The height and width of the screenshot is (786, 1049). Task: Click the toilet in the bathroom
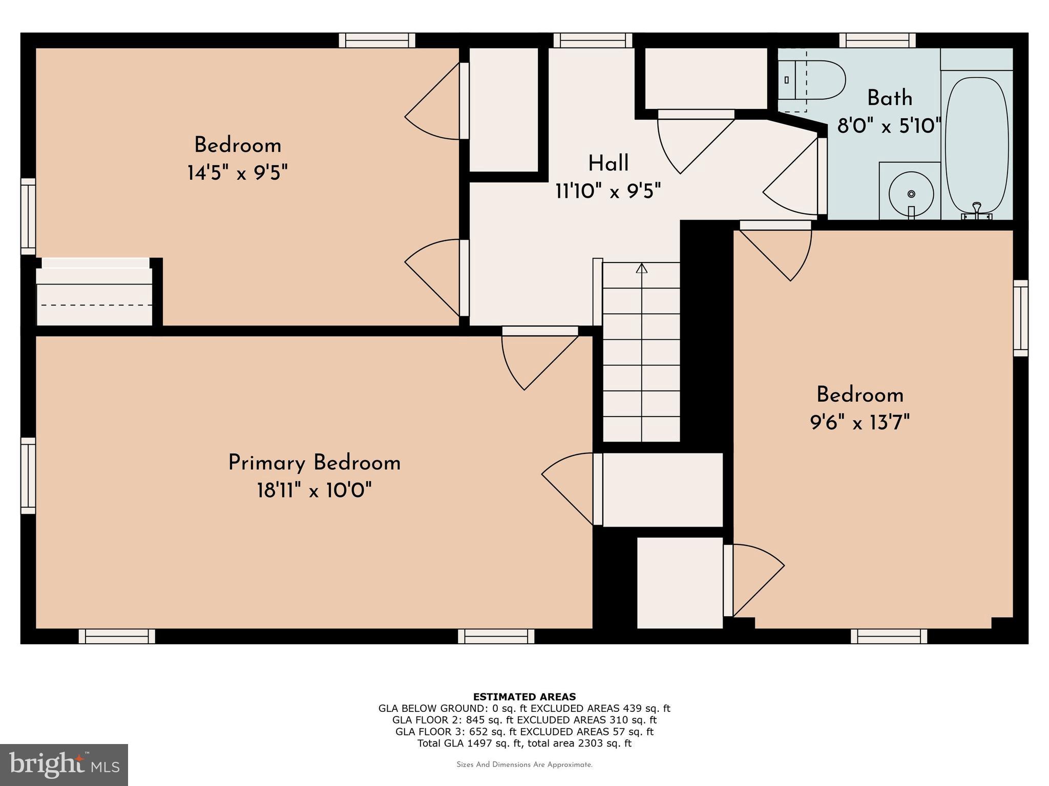[814, 80]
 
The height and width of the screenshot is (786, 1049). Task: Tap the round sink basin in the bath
[911, 194]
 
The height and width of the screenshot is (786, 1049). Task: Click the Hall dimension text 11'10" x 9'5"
[608, 191]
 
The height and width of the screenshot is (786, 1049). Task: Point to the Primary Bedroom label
[314, 463]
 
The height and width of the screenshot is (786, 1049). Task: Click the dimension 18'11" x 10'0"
[314, 491]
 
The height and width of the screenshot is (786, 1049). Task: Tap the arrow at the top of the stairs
[641, 268]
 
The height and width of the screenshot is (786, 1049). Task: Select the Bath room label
[890, 98]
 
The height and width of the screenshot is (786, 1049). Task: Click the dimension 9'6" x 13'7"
[859, 423]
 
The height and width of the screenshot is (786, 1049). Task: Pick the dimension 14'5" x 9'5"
[238, 173]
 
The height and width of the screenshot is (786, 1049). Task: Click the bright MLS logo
[64, 765]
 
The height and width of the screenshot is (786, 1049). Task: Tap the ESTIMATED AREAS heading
[524, 696]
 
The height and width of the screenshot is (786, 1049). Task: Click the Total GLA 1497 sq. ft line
[524, 744]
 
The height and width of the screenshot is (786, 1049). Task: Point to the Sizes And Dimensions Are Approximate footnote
[524, 765]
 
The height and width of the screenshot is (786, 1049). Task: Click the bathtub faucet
[977, 208]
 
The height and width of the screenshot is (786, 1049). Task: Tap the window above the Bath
[877, 40]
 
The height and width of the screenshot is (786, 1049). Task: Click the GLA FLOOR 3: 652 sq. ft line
[524, 732]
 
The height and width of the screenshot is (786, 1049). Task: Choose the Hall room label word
[608, 164]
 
